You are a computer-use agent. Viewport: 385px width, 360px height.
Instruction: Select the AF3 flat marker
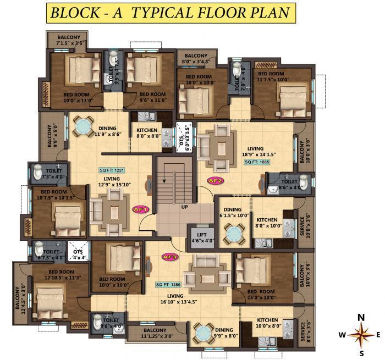(x=169, y=256)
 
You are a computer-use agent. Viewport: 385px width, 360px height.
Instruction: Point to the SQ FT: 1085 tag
(x=257, y=162)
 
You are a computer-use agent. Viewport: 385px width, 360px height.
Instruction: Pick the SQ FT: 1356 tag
(x=168, y=285)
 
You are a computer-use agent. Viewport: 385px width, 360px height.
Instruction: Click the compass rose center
(x=361, y=334)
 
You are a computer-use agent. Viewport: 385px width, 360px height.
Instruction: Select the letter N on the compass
(x=361, y=317)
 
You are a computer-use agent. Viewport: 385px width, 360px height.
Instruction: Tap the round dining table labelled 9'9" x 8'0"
(x=201, y=334)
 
